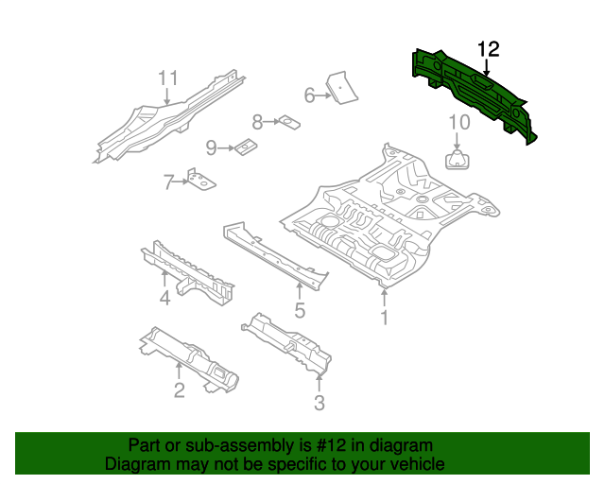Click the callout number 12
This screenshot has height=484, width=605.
(x=488, y=49)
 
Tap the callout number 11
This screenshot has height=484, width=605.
(x=167, y=78)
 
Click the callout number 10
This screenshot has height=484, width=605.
(x=458, y=121)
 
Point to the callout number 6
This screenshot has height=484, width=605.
(x=309, y=95)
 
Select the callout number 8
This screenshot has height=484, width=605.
(x=257, y=121)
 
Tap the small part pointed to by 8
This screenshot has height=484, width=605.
(x=287, y=121)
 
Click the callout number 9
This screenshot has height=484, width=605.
(x=212, y=147)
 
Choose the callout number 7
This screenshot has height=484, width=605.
(x=168, y=181)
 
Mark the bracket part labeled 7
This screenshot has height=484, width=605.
(x=200, y=180)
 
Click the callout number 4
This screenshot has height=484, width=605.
(x=164, y=299)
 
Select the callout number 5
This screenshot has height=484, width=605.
(x=300, y=310)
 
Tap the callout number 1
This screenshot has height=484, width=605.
(x=384, y=319)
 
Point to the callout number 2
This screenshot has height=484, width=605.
(x=179, y=391)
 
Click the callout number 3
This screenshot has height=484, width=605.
(x=319, y=404)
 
